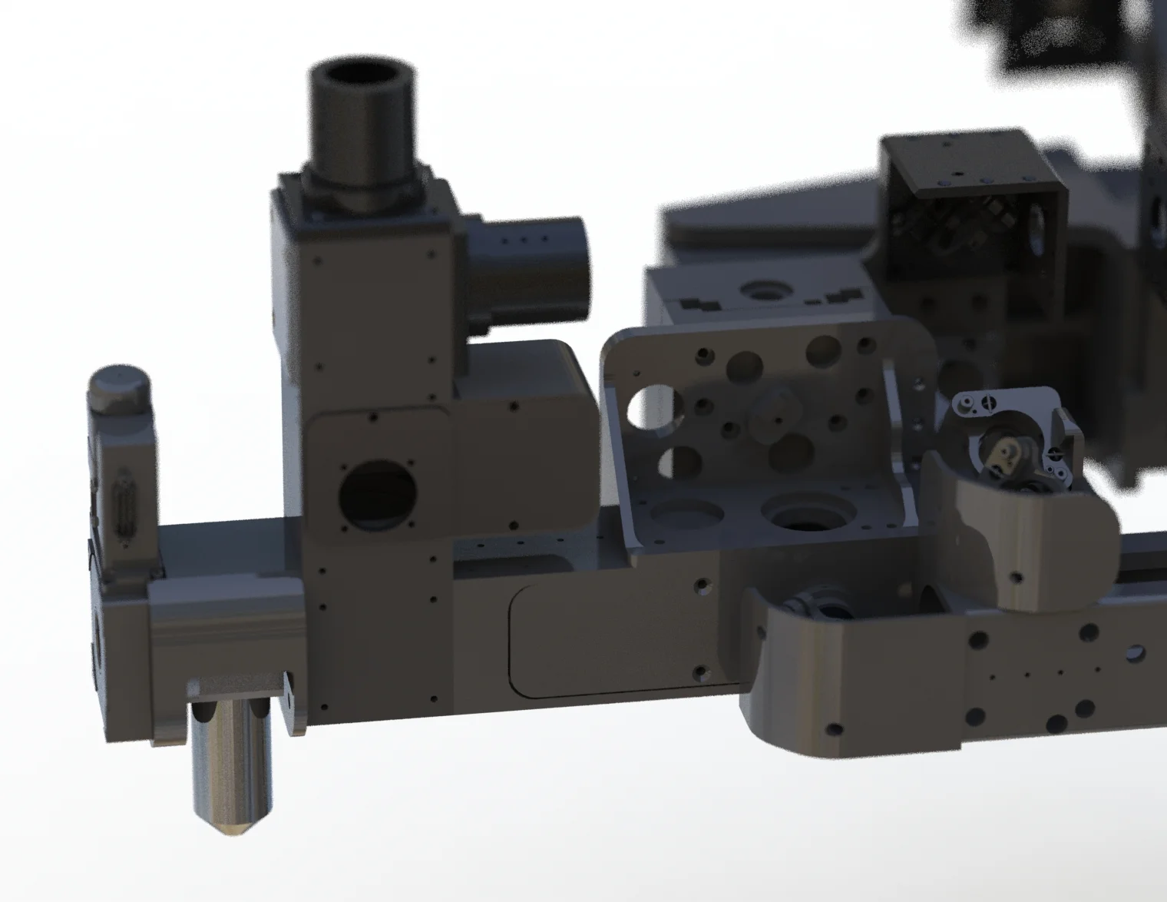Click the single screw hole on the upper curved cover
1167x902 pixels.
coord(1017,576)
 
